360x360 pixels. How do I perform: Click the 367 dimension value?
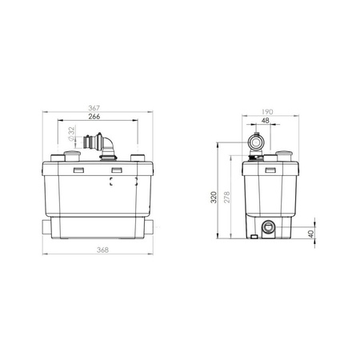point(94,108)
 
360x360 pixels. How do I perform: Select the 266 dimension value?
point(94,117)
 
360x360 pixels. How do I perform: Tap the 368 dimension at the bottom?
point(102,250)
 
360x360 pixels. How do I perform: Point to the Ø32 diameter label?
point(71,134)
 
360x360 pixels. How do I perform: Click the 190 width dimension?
point(267,112)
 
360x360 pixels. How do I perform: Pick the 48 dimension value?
point(266,121)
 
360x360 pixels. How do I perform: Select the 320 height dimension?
point(214,198)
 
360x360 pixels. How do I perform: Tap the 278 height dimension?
point(227,198)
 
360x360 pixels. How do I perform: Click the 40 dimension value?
point(311,234)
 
